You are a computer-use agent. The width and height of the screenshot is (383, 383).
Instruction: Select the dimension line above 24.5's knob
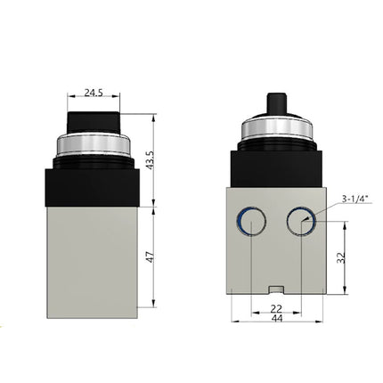(94, 100)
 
